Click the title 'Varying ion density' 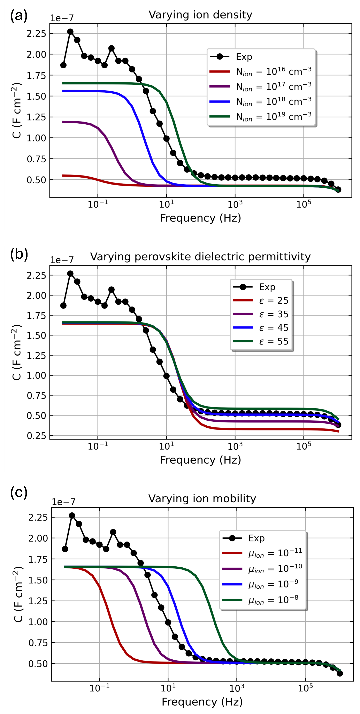click(200, 15)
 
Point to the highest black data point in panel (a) click(70, 32)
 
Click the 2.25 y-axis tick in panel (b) click(36, 275)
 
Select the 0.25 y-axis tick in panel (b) click(36, 435)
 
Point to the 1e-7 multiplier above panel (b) click(62, 260)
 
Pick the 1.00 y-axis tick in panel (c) click(38, 622)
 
